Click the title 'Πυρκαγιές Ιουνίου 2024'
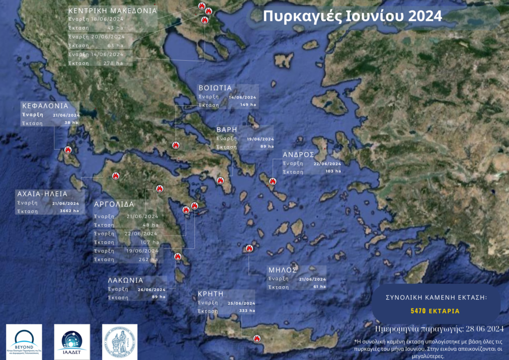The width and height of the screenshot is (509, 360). tap(352, 16)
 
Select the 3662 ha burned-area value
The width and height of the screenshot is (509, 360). tap(69, 211)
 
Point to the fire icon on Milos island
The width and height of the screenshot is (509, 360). tap(250, 248)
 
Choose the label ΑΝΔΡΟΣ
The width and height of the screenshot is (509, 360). tap(298, 154)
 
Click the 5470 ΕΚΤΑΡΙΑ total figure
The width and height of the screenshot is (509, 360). tap(435, 311)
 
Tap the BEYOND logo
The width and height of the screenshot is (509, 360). tap(23, 342)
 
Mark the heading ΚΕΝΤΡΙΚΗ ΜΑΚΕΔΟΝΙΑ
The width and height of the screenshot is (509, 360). tap(112, 10)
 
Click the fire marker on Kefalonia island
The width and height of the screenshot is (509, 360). tap(68, 150)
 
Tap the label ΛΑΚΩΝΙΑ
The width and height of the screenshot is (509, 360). tap(126, 280)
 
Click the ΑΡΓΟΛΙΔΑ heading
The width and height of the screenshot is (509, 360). tap(114, 204)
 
